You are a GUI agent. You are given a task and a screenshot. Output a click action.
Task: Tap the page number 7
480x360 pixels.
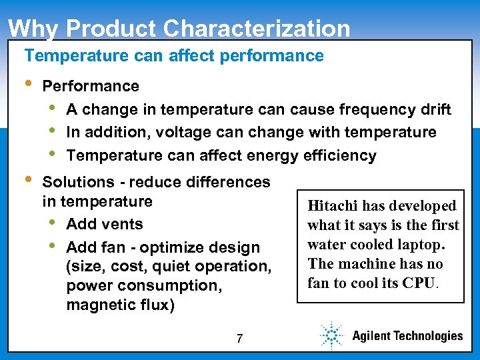coord(239,339)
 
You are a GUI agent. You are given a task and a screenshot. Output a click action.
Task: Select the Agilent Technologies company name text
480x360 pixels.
coord(407,336)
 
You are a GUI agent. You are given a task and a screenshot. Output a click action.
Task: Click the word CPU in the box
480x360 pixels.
coord(421,283)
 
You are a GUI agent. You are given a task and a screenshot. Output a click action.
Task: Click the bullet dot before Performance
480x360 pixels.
coord(27,85)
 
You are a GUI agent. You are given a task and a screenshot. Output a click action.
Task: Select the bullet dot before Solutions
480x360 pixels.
coord(27,181)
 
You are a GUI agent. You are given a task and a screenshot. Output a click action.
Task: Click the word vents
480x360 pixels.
coord(123,224)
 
